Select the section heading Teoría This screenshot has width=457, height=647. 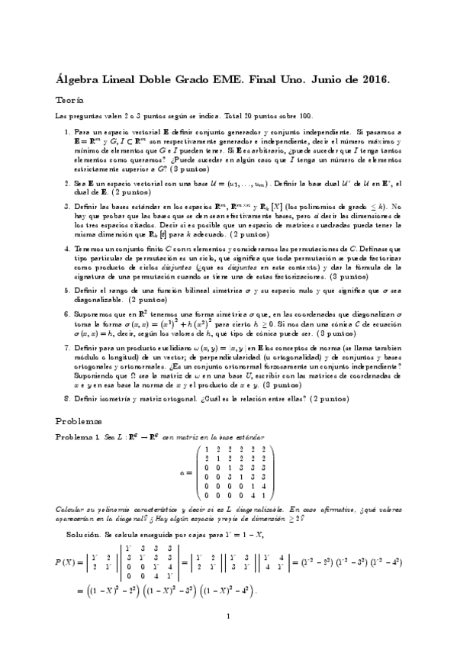(70, 100)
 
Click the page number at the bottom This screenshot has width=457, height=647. (228, 615)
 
